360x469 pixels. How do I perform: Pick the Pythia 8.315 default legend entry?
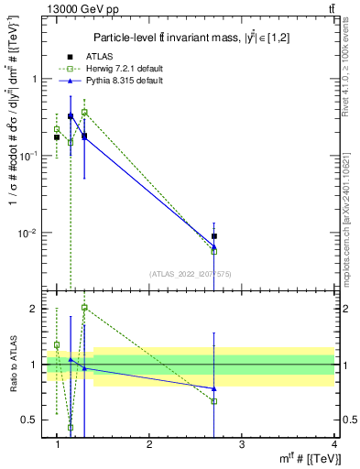click(115, 82)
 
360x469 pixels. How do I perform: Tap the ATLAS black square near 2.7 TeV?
click(214, 236)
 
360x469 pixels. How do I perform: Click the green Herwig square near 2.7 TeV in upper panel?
click(214, 250)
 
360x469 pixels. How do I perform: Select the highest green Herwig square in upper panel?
click(84, 112)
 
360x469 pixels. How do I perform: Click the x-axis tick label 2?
click(149, 444)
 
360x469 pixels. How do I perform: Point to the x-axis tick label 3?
click(242, 444)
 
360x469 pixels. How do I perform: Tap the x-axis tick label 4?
click(333, 444)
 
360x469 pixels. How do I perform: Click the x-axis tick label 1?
click(57, 444)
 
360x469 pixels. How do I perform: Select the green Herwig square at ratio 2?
click(84, 308)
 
